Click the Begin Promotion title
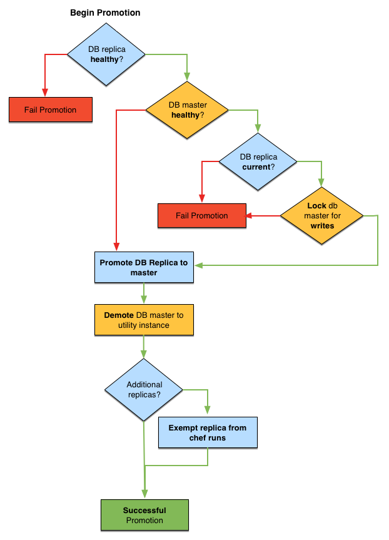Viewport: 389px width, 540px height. point(105,13)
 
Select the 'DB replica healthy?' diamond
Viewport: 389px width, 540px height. point(106,54)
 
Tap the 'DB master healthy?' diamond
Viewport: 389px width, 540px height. point(188,110)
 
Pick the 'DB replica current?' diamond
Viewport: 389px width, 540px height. point(258,161)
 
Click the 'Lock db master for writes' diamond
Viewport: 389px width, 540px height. point(321,215)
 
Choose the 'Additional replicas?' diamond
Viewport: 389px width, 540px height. point(144,390)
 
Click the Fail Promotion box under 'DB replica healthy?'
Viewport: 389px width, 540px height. point(51,110)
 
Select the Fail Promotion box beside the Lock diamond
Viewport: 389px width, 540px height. point(201,216)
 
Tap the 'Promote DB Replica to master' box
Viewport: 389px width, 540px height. point(144,268)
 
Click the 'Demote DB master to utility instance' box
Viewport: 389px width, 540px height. point(144,320)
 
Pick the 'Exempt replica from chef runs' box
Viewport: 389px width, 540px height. point(208,433)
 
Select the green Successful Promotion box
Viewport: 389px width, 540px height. point(144,516)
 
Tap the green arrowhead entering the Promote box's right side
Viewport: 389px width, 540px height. point(198,265)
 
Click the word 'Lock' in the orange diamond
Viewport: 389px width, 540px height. point(317,206)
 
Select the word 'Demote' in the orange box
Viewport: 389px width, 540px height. point(119,315)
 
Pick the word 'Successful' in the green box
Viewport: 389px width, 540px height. point(144,511)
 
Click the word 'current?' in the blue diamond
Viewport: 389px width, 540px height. point(258,167)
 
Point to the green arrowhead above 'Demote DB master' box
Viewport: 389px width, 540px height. point(144,301)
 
